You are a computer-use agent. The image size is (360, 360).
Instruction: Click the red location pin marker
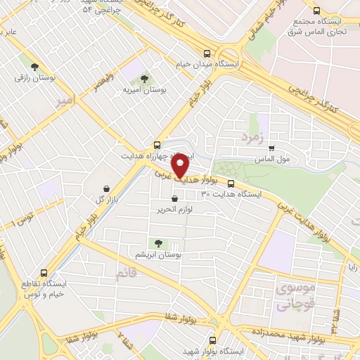181,166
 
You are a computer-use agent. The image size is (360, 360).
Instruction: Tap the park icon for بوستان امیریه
145,78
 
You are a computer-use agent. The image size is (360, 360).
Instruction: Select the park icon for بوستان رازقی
34,67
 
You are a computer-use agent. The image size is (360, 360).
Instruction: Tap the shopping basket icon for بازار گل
105,188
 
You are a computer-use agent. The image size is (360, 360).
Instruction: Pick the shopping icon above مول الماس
272,148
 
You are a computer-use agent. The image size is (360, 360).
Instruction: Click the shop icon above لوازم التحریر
184,199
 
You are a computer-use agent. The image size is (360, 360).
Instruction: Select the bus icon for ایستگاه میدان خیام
207,53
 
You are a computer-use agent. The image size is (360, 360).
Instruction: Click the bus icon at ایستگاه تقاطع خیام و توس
44,273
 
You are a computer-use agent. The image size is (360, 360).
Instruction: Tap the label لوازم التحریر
186,210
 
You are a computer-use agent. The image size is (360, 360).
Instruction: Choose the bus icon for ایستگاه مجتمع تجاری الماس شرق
318,11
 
